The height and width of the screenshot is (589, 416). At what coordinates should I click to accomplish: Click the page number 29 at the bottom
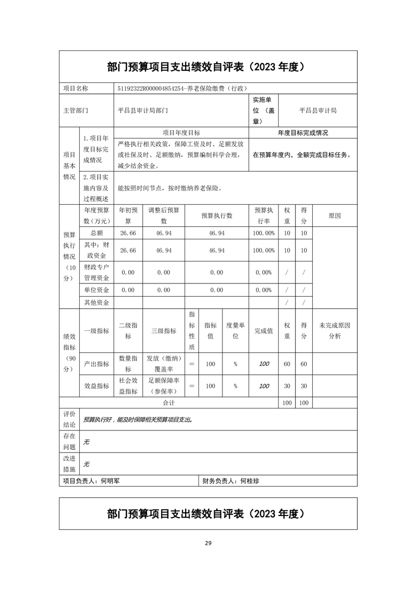click(208, 543)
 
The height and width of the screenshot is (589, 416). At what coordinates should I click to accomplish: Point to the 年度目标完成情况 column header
click(303, 133)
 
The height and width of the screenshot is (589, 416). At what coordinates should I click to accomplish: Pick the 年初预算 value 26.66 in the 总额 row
click(128, 233)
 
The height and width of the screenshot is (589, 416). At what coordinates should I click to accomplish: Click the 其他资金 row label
click(97, 302)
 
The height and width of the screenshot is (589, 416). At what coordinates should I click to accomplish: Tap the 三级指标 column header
click(164, 331)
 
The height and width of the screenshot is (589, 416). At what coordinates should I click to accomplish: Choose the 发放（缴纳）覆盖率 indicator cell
click(164, 364)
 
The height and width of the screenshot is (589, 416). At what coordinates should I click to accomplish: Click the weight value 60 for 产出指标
click(287, 364)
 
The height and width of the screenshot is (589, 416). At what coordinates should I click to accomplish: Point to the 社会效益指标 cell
click(128, 386)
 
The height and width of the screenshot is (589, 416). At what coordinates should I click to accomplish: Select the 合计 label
click(168, 403)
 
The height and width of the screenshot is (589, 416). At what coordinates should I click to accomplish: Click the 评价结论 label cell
click(69, 419)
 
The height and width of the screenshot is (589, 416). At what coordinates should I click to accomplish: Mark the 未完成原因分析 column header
click(334, 331)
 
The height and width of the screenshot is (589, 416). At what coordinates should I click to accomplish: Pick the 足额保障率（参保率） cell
click(164, 386)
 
